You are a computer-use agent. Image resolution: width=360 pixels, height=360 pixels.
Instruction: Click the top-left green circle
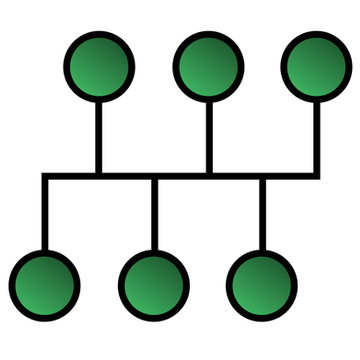[x=99, y=65]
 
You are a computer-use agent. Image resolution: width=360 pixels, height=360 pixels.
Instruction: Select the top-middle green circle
[x=209, y=65]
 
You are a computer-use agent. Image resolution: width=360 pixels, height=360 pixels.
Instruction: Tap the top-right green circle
[x=317, y=65]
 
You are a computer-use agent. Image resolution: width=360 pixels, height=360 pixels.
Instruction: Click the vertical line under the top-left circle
[x=99, y=135]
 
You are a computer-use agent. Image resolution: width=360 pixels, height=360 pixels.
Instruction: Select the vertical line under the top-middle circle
[x=209, y=135]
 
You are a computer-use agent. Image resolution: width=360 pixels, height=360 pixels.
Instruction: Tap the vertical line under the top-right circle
[x=317, y=135]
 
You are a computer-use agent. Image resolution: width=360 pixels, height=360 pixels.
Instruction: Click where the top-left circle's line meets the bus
[x=99, y=176]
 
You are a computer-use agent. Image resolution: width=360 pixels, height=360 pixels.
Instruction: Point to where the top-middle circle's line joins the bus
[x=209, y=176]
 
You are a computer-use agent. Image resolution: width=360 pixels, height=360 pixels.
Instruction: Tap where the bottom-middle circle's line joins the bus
[x=153, y=176]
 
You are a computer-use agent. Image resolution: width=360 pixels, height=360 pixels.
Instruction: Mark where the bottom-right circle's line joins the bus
[x=262, y=176]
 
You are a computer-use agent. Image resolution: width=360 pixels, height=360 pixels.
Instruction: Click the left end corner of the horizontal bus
[x=44, y=176]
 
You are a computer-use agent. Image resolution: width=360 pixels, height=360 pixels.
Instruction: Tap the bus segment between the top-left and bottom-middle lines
[x=126, y=176]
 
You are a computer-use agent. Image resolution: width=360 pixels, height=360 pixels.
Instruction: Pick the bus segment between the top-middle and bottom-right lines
[x=236, y=176]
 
